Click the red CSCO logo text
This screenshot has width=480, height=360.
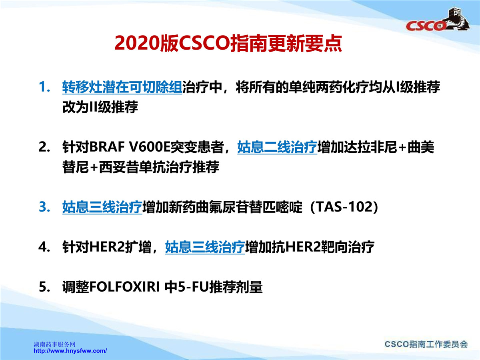coord(426,26)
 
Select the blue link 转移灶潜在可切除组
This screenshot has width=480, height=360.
coord(122,87)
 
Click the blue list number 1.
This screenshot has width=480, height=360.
coord(44,87)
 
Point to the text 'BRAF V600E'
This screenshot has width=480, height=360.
coord(130,147)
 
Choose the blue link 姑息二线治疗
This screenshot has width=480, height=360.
coord(277,147)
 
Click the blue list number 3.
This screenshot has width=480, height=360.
coord(44,206)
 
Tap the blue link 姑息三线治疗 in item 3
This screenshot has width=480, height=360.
coord(102,207)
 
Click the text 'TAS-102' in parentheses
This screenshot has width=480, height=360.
coord(344,206)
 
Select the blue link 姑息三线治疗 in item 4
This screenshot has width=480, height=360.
coord(205,247)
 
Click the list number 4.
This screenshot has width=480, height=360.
coord(44,247)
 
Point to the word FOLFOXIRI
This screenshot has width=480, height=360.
coord(125,287)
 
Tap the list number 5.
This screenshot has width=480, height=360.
coord(44,287)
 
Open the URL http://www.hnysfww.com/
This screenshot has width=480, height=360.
coord(70,351)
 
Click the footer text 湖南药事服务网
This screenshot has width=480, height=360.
coord(54,344)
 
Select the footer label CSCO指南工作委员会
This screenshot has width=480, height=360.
coord(426,344)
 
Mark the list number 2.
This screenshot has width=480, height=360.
coord(44,147)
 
